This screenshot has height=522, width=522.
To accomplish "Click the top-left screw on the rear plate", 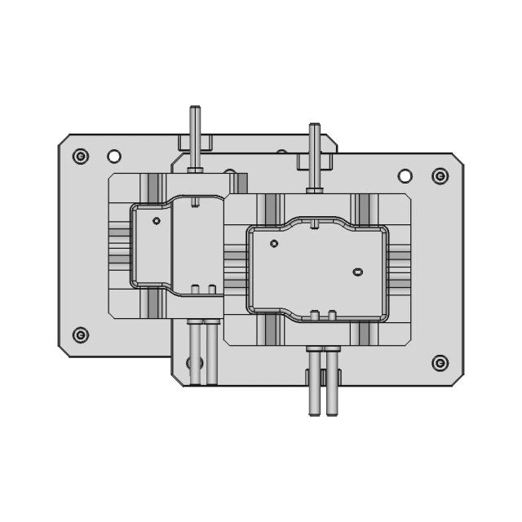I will tap(79, 155).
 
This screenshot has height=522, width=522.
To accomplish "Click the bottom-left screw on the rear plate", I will tap(80, 334).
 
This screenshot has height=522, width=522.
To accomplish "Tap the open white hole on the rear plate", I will tap(114, 156).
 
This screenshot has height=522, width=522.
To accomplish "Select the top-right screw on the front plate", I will tap(440, 176).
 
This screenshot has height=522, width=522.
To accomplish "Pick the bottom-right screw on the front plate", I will tap(440, 362).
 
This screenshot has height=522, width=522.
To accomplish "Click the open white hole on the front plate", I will tap(405, 176).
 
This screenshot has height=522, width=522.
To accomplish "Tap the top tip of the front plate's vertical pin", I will tap(314, 127).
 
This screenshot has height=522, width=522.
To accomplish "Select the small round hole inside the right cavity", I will tap(274, 243).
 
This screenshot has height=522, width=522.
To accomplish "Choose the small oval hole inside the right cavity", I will tap(356, 271).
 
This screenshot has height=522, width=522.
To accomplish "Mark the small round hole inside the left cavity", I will tap(157, 220).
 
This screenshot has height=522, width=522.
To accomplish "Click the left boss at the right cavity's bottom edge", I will tap(316, 314).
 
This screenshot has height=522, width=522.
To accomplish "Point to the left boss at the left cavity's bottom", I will tap(196, 288).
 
